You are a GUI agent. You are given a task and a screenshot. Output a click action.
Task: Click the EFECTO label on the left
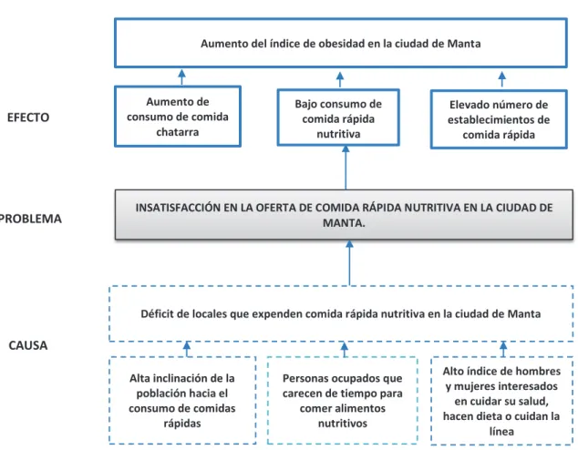28,118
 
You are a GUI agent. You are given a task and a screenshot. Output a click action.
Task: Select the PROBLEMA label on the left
31,219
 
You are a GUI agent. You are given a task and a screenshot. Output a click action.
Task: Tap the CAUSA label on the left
28,345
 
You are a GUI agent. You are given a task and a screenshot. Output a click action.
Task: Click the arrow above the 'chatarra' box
181,77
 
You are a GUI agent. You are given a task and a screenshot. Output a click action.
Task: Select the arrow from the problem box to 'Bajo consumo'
346,168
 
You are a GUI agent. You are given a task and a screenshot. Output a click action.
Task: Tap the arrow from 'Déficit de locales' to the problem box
349,263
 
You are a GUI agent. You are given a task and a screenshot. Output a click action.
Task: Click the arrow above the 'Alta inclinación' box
187,349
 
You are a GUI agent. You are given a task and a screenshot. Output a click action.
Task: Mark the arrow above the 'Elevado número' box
502,79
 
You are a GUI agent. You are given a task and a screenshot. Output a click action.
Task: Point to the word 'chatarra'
177,132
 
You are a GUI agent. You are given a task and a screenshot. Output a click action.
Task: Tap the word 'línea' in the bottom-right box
501,431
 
